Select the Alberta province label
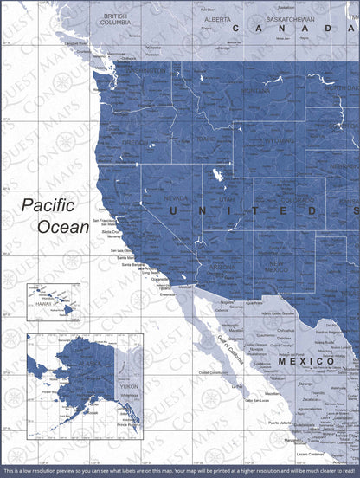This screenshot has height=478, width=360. tap(217, 18)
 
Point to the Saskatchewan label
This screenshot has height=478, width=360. tap(289, 18)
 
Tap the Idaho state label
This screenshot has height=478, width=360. tap(205, 139)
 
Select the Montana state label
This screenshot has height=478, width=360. tap(254, 91)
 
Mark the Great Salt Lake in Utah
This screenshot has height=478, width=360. tap(216, 174)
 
